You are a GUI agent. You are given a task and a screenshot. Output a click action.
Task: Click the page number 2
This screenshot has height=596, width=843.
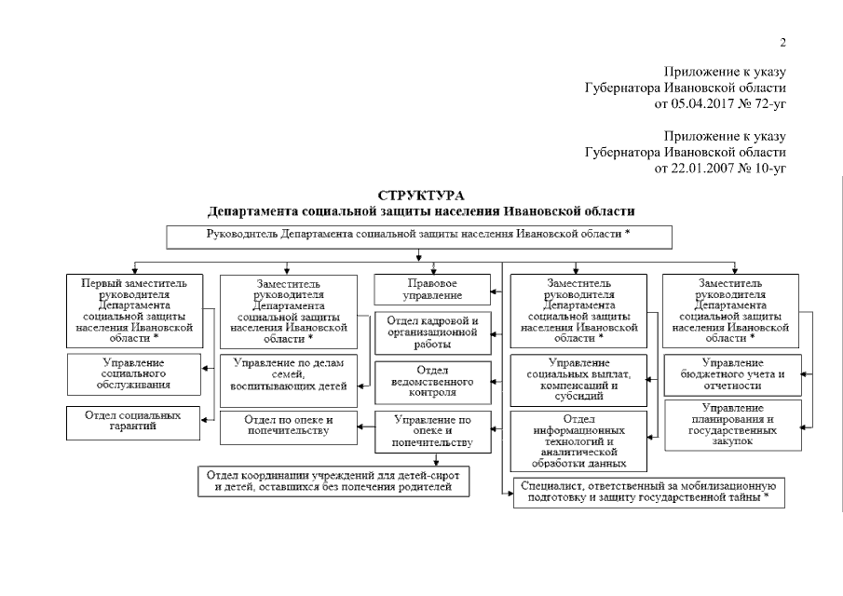(783, 42)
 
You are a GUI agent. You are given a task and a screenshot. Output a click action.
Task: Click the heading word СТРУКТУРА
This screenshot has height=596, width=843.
(421, 195)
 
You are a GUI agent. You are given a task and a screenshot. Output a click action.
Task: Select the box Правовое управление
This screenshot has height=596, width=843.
(432, 289)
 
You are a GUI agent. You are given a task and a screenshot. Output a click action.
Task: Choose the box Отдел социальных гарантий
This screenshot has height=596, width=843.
(132, 422)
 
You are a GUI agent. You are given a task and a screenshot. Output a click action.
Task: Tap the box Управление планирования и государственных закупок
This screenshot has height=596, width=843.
(731, 426)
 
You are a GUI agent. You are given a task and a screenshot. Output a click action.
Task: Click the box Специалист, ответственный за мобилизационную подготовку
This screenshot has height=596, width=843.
(647, 492)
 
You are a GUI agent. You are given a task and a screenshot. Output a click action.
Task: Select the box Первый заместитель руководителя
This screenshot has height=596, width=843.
(132, 310)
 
